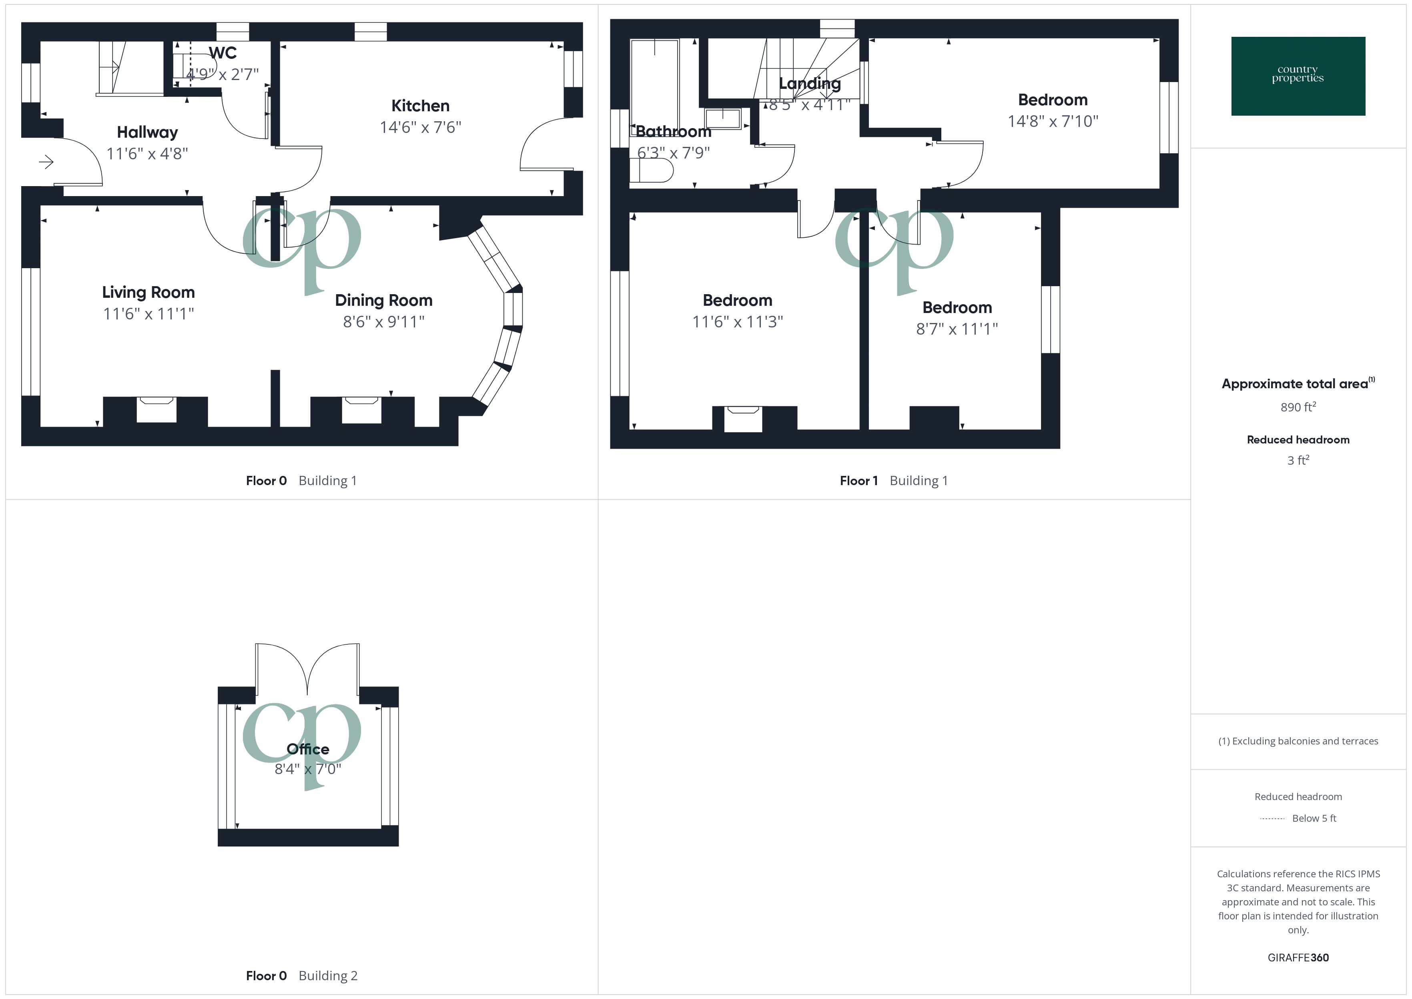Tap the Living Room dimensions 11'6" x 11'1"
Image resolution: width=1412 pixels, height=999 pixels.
click(x=148, y=314)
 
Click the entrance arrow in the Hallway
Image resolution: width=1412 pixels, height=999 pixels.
click(x=46, y=162)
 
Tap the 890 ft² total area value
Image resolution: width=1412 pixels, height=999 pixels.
click(x=1298, y=407)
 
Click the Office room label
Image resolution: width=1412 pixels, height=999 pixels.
click(x=307, y=749)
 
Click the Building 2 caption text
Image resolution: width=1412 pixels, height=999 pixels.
click(x=328, y=976)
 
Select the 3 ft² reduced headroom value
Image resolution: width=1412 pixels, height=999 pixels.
click(x=1298, y=460)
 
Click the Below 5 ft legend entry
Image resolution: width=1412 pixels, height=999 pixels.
click(x=1314, y=818)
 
